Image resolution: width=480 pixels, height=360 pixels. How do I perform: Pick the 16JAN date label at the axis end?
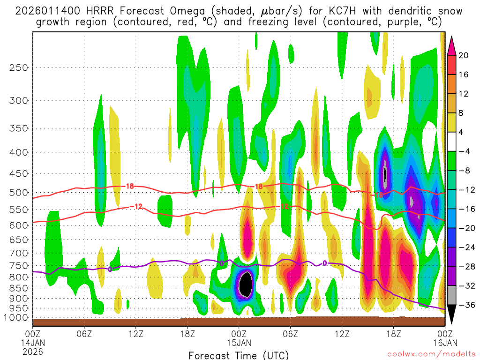coord(444,342)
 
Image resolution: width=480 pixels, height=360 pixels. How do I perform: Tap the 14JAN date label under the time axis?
coord(32,342)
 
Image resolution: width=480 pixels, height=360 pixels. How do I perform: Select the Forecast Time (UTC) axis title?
coord(239,355)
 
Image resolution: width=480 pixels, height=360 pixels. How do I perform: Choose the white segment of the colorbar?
coord(452,142)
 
